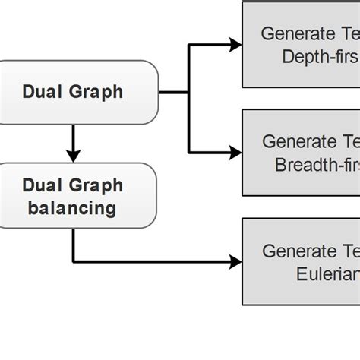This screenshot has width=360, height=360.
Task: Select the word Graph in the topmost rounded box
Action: point(95,93)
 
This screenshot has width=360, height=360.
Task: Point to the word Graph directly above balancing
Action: point(95,185)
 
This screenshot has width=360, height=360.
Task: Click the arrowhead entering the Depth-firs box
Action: point(236,45)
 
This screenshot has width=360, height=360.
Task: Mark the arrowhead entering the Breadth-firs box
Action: point(236,152)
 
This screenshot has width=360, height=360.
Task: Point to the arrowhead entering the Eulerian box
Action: point(236,263)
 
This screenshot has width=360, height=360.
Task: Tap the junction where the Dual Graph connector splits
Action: point(188,93)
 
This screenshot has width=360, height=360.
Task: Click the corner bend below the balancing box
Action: point(73,263)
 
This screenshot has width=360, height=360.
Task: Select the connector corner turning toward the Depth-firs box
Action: point(188,45)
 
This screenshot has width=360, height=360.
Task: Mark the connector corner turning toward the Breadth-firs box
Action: point(188,152)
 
